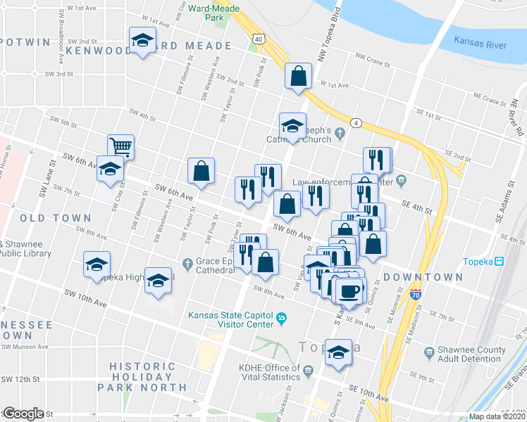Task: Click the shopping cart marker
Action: (121, 146)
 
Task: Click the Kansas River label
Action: (480, 44)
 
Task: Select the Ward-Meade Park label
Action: (215, 12)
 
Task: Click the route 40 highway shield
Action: (259, 39)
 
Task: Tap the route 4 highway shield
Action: (357, 123)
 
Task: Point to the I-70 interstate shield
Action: (416, 293)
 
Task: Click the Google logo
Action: (23, 414)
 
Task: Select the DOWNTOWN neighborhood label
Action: (423, 277)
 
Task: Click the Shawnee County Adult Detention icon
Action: (429, 350)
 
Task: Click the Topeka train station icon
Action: (499, 262)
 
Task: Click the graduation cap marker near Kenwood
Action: (142, 41)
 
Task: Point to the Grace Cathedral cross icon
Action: (187, 264)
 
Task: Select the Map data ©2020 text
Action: (497, 416)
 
